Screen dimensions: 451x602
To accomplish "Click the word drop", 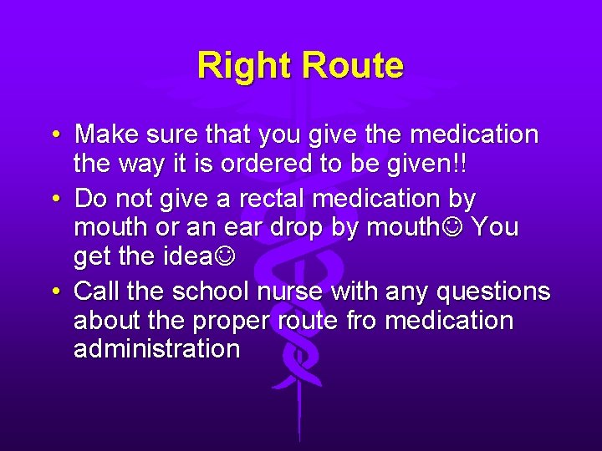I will point(281,228).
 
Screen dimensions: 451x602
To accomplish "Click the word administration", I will point(156,349).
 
